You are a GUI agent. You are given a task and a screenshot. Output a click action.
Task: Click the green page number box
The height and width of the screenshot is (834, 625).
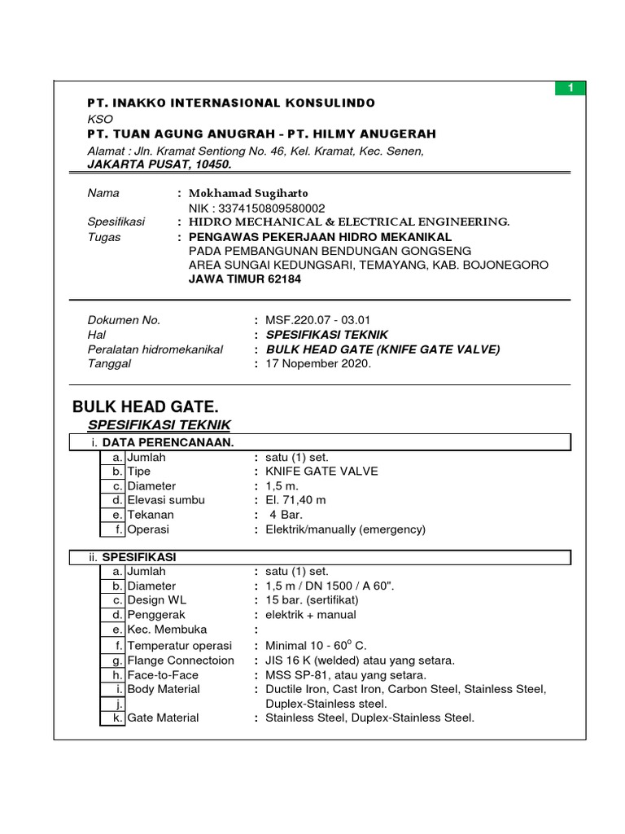click(x=570, y=88)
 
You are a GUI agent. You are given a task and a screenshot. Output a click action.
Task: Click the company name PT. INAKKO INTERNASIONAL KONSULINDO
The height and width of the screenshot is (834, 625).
click(x=231, y=103)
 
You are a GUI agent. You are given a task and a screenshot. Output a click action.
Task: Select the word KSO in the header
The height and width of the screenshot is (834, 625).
click(x=100, y=118)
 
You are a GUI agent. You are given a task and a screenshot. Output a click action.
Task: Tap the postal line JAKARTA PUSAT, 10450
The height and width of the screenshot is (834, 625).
click(x=160, y=164)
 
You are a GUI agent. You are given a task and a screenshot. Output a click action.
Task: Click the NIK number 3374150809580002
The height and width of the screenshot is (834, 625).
click(x=256, y=208)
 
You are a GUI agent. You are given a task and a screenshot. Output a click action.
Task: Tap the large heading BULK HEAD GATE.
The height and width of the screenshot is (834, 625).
click(x=146, y=406)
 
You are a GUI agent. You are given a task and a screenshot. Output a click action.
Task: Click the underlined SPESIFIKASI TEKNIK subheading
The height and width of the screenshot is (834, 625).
click(x=159, y=425)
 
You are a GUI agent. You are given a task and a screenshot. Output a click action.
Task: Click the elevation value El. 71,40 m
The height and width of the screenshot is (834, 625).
click(x=295, y=500)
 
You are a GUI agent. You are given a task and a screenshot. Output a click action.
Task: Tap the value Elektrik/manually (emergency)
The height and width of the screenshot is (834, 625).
click(x=345, y=529)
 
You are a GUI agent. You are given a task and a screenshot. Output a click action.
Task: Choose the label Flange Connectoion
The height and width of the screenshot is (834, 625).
click(x=181, y=660)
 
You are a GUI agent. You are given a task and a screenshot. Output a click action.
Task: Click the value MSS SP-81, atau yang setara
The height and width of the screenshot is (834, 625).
click(x=346, y=674)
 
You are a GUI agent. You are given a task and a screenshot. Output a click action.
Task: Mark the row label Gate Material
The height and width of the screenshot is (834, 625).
click(x=163, y=718)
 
